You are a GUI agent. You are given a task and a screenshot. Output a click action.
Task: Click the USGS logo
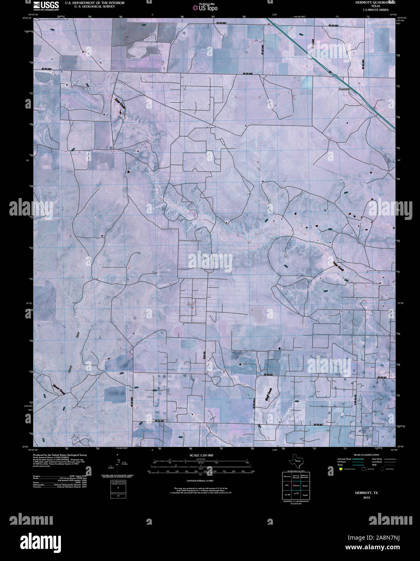[x=46, y=5]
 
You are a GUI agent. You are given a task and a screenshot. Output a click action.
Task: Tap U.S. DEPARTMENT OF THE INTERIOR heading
[x=94, y=3]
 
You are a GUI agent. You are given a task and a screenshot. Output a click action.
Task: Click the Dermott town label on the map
[x=344, y=89]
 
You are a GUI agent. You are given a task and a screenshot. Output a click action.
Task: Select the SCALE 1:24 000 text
[x=202, y=455]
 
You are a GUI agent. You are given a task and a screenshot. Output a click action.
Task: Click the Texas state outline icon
[x=297, y=460]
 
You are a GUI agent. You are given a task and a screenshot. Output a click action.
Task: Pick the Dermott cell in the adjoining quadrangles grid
[x=296, y=486]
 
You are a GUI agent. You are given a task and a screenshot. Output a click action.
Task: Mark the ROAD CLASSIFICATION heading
[x=366, y=455]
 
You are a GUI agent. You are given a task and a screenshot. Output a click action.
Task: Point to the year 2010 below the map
[x=366, y=497]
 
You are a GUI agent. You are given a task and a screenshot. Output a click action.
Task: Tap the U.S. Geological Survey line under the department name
[x=94, y=6]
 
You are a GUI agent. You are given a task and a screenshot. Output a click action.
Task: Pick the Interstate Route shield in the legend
[x=341, y=469]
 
